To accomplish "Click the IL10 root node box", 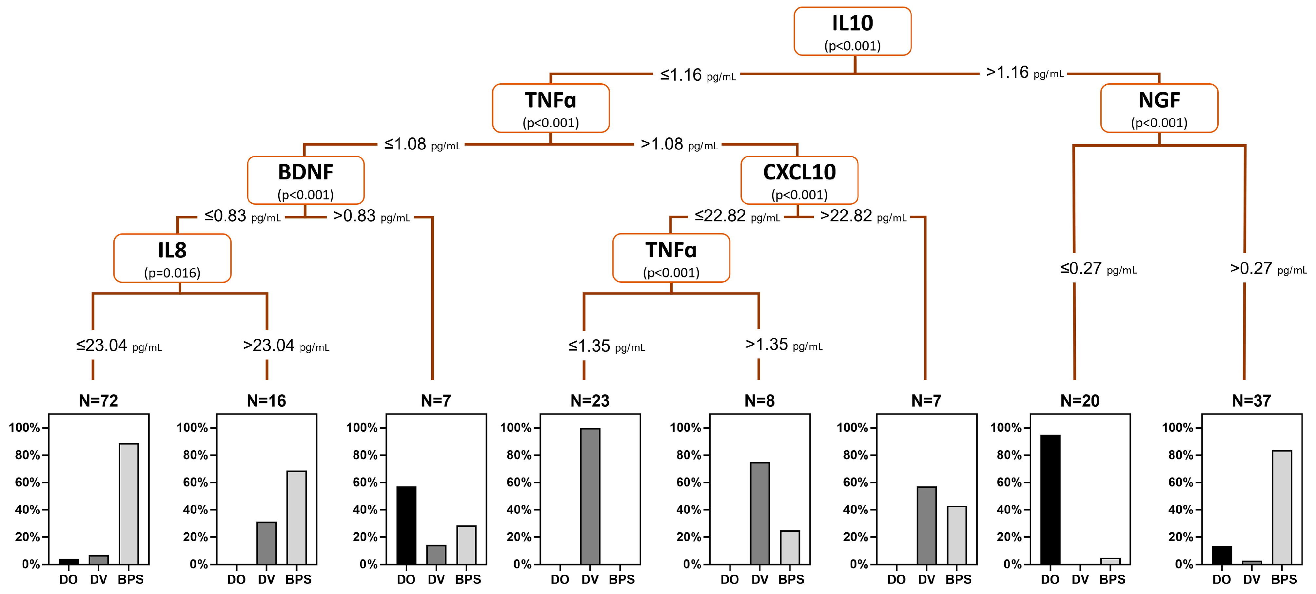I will point(852,31).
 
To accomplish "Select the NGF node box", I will point(1159,108).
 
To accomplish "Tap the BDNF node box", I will point(305,180).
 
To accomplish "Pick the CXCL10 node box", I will point(799,180).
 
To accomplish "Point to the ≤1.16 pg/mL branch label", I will point(697,75).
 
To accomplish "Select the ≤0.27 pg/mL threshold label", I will point(1098,268).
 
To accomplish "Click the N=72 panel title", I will point(99,401).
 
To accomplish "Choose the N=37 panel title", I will point(1251,401).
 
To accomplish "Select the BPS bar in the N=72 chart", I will point(129,503).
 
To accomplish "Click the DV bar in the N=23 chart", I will point(590,496).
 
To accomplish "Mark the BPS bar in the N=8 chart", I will point(790,547).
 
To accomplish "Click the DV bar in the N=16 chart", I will point(266,543).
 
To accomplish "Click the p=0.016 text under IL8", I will point(172,273).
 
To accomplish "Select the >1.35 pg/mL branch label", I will point(784,345).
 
